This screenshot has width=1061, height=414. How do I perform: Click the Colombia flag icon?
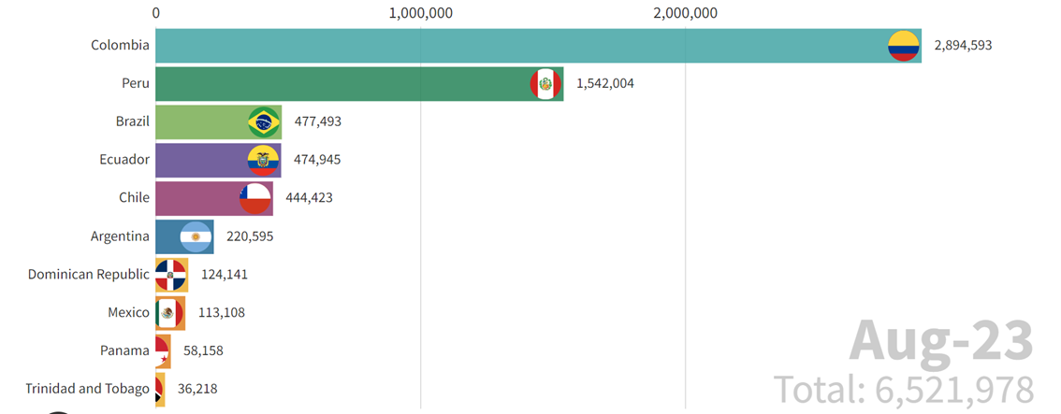pyautogui.click(x=904, y=46)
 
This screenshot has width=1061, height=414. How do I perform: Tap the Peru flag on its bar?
pyautogui.click(x=545, y=84)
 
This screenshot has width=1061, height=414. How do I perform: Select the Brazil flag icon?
pyautogui.click(x=264, y=122)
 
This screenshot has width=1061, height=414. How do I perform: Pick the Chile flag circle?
pyautogui.click(x=255, y=198)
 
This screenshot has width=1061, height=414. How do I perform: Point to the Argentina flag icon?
pyautogui.click(x=196, y=236)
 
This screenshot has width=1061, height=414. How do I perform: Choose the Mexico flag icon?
pyautogui.click(x=169, y=313)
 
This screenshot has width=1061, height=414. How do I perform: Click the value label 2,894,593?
pyautogui.click(x=963, y=46)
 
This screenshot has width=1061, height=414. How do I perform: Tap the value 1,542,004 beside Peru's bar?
pyautogui.click(x=604, y=84)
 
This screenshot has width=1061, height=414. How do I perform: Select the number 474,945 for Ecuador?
pyautogui.click(x=317, y=160)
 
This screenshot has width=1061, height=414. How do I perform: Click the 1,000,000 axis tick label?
pyautogui.click(x=420, y=13)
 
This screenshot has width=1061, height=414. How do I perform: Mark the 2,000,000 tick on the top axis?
pyautogui.click(x=685, y=13)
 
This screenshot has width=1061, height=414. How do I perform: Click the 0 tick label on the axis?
pyautogui.click(x=155, y=13)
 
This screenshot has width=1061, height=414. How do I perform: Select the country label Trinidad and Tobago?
pyautogui.click(x=87, y=389)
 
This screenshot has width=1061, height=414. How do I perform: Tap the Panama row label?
pyautogui.click(x=124, y=350)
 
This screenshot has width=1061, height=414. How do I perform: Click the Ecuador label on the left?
pyautogui.click(x=124, y=160)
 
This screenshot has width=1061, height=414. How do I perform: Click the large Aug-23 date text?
pyautogui.click(x=941, y=341)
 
